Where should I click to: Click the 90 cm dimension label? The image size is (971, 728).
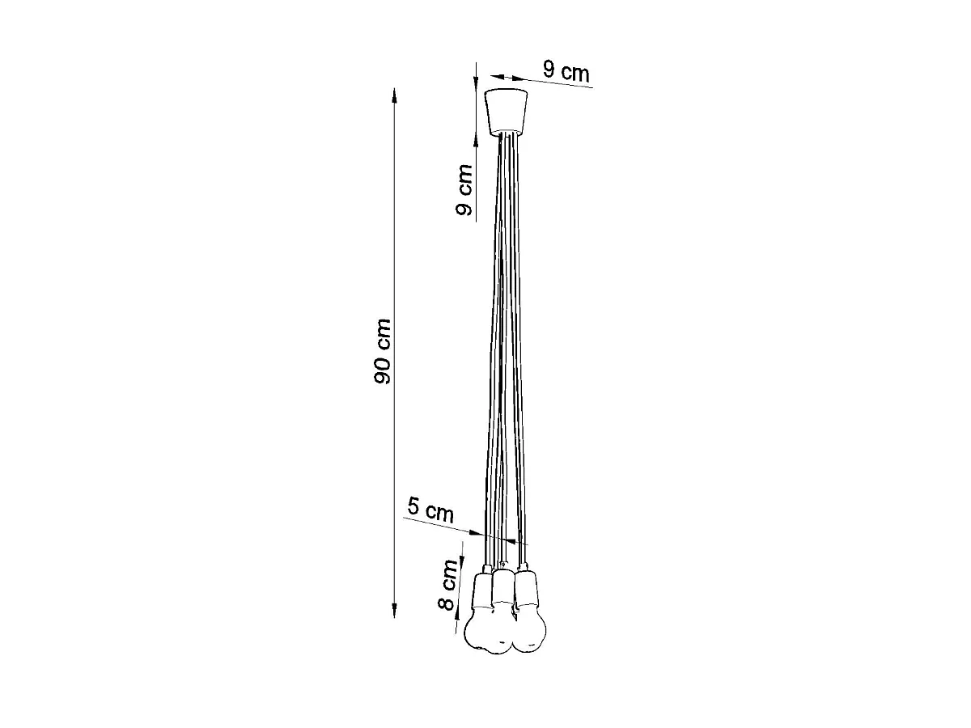pos(382,351)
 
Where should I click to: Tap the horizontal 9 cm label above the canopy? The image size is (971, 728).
pos(566,72)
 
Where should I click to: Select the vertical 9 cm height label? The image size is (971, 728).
pos(464,189)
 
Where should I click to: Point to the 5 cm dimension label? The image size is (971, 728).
pos(430,510)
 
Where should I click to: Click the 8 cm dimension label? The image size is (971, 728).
pos(448,585)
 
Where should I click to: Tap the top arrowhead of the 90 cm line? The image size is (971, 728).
pos(394,95)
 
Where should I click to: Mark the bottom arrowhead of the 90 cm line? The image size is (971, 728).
pos(394,611)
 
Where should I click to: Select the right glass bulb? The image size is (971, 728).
pos(529,630)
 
